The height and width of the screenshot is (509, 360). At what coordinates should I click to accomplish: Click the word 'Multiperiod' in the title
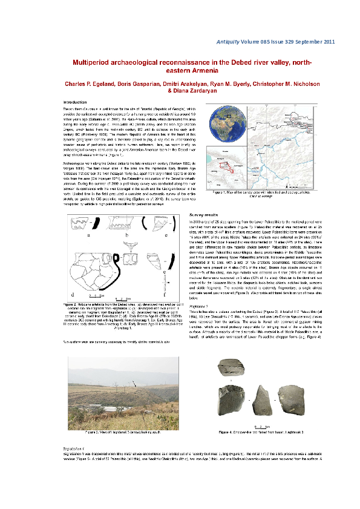[95, 63]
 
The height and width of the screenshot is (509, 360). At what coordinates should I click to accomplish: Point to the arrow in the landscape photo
[133, 383]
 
